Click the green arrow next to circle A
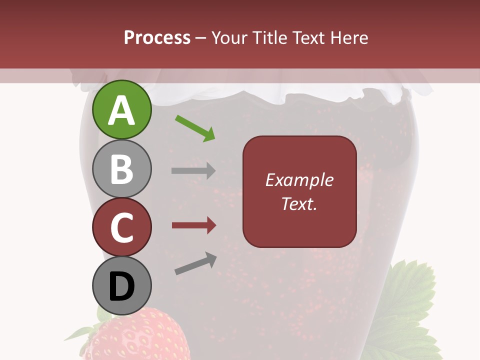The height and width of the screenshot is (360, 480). click(x=195, y=128)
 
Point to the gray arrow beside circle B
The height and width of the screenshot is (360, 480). click(x=193, y=170)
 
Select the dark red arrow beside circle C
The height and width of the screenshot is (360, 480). click(x=194, y=225)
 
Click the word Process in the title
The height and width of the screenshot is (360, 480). click(x=157, y=38)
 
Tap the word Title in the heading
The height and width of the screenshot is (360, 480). click(x=269, y=38)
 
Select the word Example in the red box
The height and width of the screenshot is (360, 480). click(x=299, y=180)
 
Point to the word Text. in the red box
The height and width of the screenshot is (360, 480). click(x=299, y=203)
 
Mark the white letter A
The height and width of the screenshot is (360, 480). click(x=121, y=110)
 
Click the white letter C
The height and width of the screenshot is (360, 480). click(x=121, y=228)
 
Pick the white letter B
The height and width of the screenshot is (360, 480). click(x=121, y=169)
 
